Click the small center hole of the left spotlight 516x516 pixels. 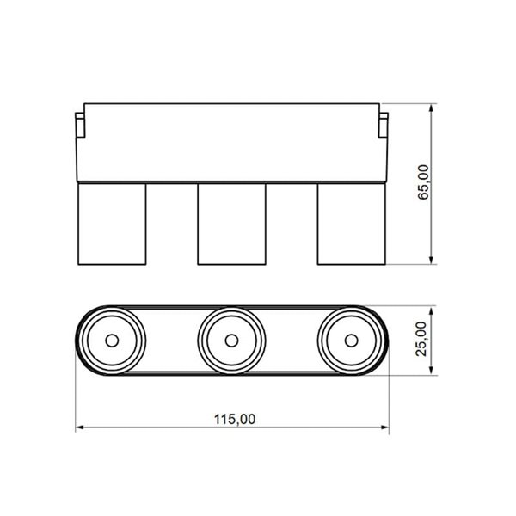coord(111,341)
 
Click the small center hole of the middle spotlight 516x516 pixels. coord(231,341)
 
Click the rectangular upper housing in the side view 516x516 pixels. coord(231,142)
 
